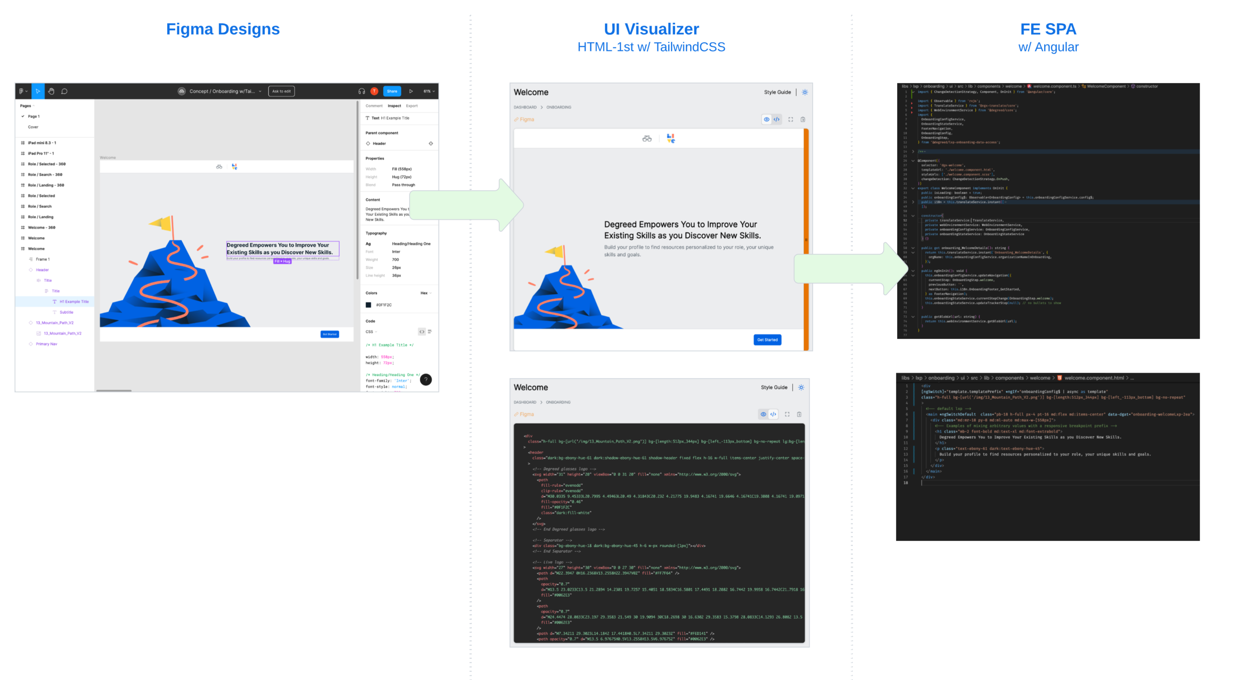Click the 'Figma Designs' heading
[223, 29]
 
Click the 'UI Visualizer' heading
[651, 29]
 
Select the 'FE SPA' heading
[1048, 29]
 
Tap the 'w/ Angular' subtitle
[1048, 47]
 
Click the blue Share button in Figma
[392, 91]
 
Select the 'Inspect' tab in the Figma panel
[394, 106]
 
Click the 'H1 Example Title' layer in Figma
[74, 302]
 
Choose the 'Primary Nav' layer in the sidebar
[46, 344]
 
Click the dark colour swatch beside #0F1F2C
[369, 305]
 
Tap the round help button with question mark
[426, 380]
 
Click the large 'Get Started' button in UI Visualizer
[767, 340]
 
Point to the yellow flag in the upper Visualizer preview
[555, 251]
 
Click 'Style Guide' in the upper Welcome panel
[777, 92]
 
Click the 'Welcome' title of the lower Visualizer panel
[531, 387]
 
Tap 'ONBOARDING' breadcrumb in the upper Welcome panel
[558, 107]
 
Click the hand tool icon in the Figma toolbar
[51, 91]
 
